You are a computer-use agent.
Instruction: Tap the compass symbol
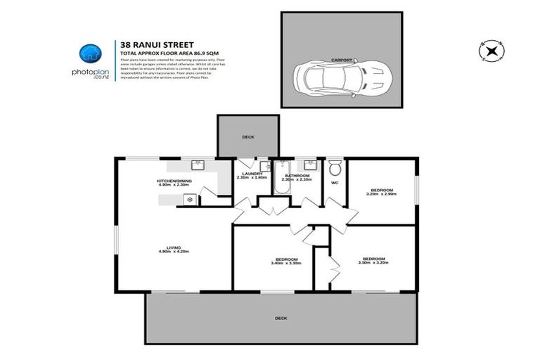490,51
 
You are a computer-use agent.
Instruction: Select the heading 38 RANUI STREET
148,44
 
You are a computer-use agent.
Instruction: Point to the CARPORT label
342,60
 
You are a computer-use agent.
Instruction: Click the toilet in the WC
335,169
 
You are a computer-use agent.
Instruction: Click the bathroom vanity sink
309,166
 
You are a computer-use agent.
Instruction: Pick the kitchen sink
198,166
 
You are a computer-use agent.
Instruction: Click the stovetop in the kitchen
188,200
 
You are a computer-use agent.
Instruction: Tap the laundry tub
264,167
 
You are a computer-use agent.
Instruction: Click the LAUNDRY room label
251,174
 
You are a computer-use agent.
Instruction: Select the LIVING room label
174,246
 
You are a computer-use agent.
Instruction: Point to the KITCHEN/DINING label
174,181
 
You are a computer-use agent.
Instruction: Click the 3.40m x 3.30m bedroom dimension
285,264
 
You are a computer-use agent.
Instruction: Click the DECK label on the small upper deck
247,138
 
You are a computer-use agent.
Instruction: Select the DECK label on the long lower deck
281,318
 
